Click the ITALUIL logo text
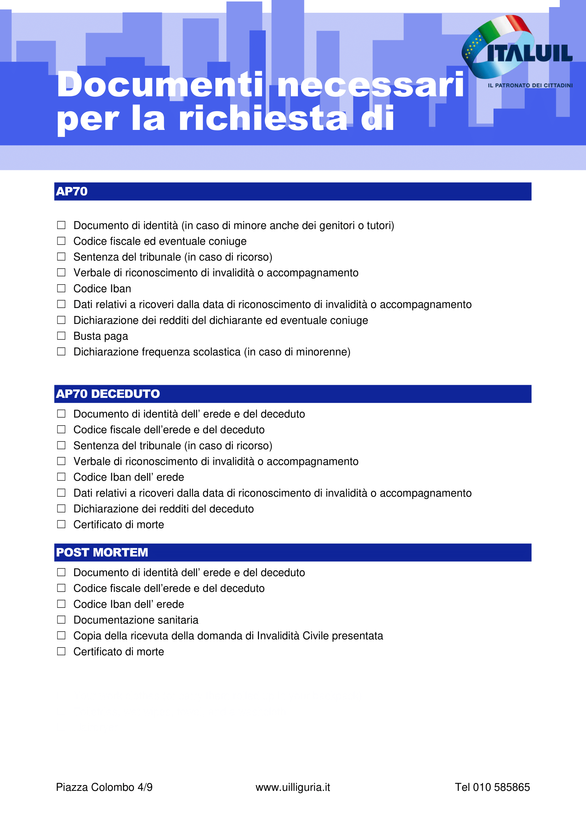529,53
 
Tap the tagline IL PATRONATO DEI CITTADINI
530,85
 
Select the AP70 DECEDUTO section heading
108,394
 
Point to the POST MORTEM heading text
102,553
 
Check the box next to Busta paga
61,336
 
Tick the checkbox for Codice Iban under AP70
61,288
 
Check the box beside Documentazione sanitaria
61,619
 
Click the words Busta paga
101,336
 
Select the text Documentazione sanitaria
136,620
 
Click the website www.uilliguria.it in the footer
293,787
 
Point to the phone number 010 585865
501,787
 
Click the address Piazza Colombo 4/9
104,787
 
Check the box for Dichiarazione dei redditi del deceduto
61,508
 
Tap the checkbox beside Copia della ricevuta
61,635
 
